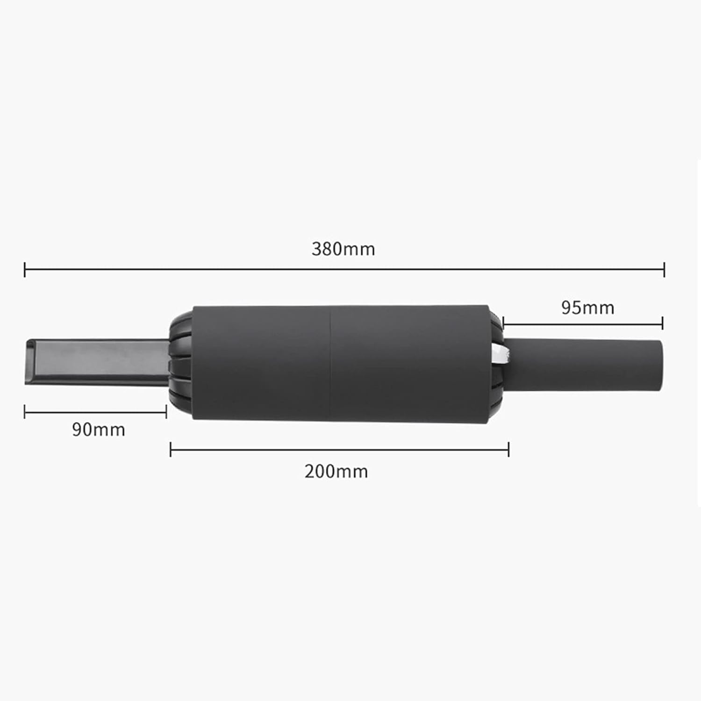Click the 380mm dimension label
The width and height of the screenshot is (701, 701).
tap(343, 249)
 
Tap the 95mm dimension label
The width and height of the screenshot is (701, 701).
tap(587, 308)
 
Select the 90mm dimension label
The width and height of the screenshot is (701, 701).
tap(98, 429)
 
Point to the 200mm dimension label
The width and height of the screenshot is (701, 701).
tap(336, 471)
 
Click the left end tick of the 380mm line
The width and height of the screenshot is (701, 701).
tap(25, 270)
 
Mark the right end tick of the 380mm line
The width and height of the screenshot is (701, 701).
tap(664, 270)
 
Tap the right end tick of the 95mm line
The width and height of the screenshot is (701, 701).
tap(662, 323)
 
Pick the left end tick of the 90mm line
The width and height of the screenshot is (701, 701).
tap(25, 412)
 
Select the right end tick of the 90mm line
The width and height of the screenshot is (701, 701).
tap(166, 412)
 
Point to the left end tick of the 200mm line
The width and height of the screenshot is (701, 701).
tap(171, 450)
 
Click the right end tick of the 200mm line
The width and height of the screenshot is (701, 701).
tap(508, 450)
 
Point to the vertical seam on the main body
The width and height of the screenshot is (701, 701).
tap(331, 365)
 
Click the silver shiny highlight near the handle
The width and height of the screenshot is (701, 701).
tap(499, 355)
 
